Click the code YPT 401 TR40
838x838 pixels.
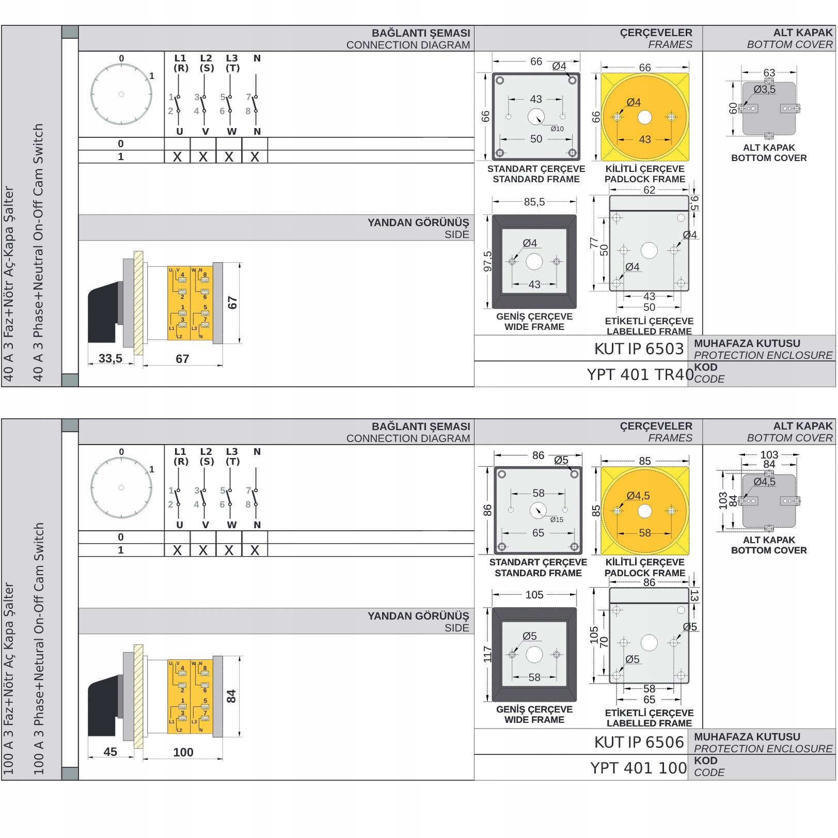[x=640, y=374]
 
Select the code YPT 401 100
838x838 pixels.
[x=639, y=768]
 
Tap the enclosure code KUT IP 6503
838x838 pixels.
[x=639, y=349]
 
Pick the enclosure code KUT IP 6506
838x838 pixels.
[x=639, y=742]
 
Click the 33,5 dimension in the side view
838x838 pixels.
[x=110, y=358]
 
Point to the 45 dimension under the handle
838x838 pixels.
[x=110, y=752]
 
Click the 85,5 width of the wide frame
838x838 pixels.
[x=534, y=202]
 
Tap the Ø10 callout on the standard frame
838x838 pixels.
[x=557, y=129]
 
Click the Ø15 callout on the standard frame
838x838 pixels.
[x=557, y=520]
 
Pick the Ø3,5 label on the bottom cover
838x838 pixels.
[x=764, y=89]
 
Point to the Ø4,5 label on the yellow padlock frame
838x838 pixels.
[x=638, y=496]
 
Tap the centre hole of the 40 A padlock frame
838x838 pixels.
[x=645, y=117]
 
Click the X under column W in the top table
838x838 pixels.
[x=229, y=157]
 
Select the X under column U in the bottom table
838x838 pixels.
[x=178, y=550]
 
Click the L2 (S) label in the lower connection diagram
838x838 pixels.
[x=206, y=456]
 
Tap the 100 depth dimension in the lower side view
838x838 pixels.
[x=183, y=752]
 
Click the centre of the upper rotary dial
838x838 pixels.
[x=121, y=94]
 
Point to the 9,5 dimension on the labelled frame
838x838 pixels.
[x=694, y=203]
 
